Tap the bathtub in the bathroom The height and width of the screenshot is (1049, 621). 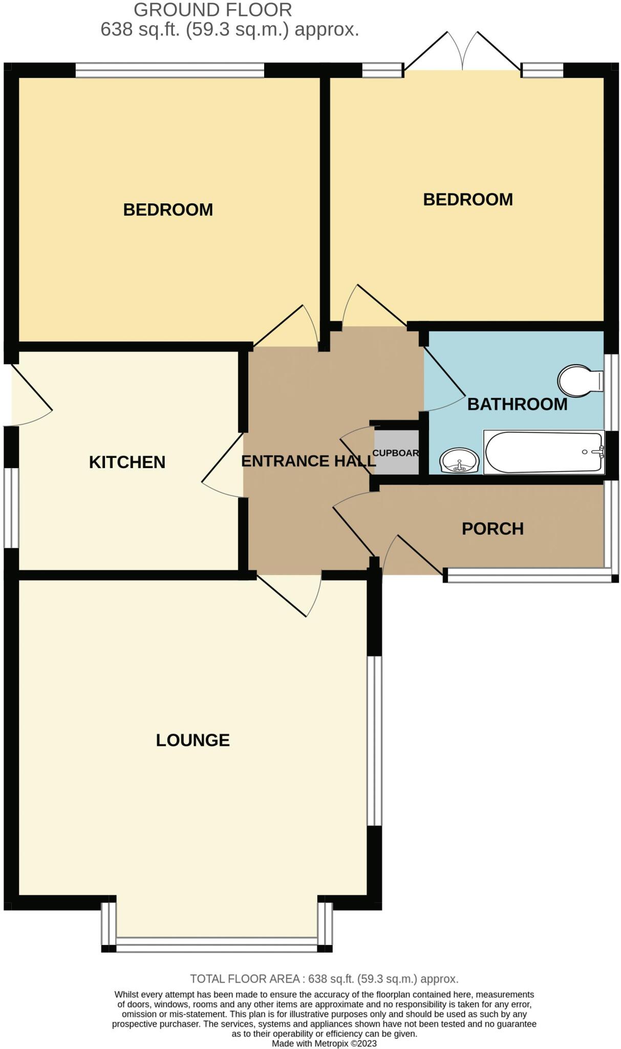click(544, 452)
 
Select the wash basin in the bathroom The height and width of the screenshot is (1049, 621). click(459, 460)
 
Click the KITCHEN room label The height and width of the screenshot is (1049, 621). click(127, 462)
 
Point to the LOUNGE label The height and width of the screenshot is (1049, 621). click(192, 740)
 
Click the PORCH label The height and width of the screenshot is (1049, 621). click(492, 529)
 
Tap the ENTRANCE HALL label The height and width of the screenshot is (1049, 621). click(308, 461)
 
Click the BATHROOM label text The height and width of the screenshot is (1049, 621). click(517, 404)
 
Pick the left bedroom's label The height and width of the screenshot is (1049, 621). click(168, 209)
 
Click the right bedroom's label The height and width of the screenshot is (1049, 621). click(467, 199)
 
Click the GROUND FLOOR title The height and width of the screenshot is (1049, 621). click(212, 10)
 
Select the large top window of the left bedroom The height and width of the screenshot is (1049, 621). click(169, 70)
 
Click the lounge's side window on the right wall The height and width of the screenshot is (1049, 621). click(375, 741)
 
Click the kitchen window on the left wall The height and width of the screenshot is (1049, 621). click(11, 508)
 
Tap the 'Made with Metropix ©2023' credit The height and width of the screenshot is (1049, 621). click(324, 1043)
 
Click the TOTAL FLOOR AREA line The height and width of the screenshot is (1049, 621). click(324, 979)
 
